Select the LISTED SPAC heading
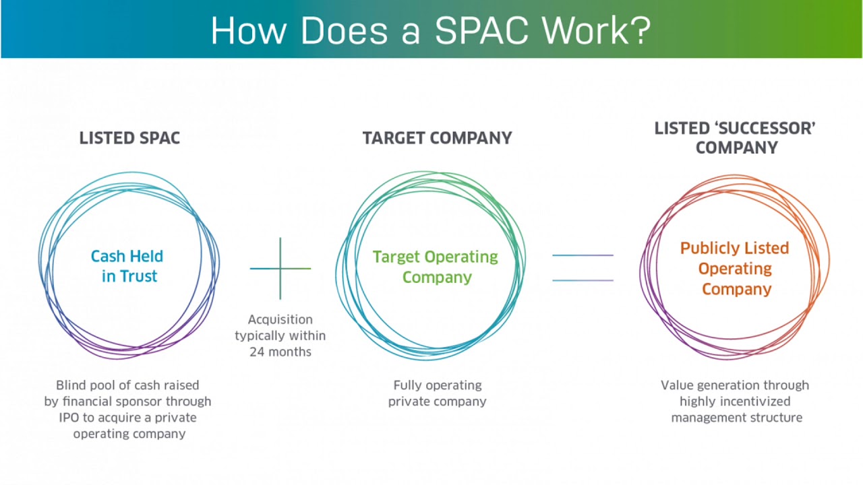[129, 138]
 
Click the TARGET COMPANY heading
[437, 138]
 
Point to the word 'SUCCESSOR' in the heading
[761, 129]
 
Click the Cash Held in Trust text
[127, 266]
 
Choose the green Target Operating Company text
[436, 267]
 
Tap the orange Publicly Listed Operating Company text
[734, 269]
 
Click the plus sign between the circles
[280, 268]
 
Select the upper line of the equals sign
[583, 255]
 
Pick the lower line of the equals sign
[583, 280]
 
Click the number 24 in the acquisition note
[258, 352]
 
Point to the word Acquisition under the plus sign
[280, 319]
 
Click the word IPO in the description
[69, 418]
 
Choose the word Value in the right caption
[677, 385]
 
